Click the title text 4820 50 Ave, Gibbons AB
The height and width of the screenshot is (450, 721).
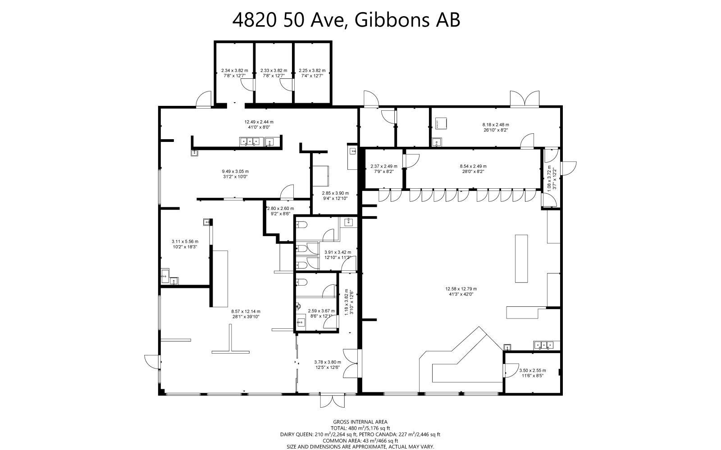coord(346,20)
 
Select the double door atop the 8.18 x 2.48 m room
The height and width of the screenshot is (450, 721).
coord(525,98)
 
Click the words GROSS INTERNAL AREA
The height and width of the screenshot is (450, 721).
coord(360,422)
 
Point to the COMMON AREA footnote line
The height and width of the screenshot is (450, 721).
coord(360,441)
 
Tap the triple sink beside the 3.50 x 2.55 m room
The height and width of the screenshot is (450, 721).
coord(546,345)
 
